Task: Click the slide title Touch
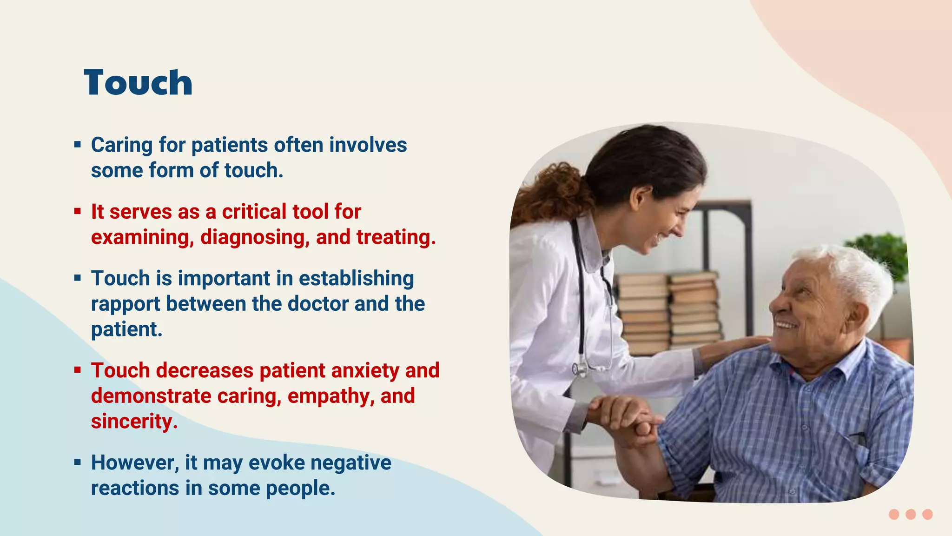point(138,83)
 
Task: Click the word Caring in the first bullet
point(121,145)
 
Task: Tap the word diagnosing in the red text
point(255,237)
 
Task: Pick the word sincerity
point(134,422)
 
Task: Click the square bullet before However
point(78,462)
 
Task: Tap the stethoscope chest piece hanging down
point(580,369)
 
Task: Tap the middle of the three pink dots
point(911,514)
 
